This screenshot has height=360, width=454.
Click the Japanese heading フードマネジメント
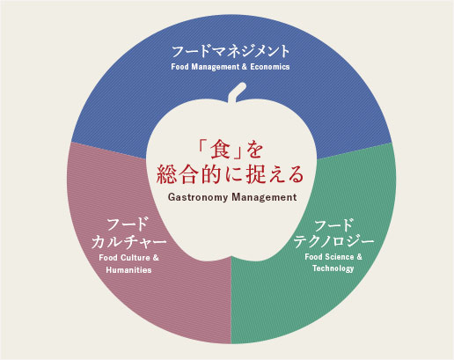point(231,52)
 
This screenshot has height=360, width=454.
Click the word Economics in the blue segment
point(270,67)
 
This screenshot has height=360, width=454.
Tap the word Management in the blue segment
point(216,67)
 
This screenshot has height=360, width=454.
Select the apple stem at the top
point(237,92)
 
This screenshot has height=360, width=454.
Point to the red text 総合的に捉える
point(230,175)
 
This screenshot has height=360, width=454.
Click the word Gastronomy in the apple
point(198,197)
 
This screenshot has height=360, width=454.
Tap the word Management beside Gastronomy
point(264,197)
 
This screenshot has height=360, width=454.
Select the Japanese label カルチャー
point(128,242)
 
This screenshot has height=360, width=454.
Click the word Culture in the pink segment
point(135,258)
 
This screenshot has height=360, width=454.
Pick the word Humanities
point(128,270)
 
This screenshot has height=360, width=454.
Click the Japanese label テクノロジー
point(333,241)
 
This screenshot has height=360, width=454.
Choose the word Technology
point(333,268)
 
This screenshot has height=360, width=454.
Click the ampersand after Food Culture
point(156,258)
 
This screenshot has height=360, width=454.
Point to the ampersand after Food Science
point(360,257)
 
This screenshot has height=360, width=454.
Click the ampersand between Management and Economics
point(245,67)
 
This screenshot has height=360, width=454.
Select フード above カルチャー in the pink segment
point(128,225)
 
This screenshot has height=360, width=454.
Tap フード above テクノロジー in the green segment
point(333,225)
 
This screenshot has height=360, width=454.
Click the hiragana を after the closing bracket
point(254,150)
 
